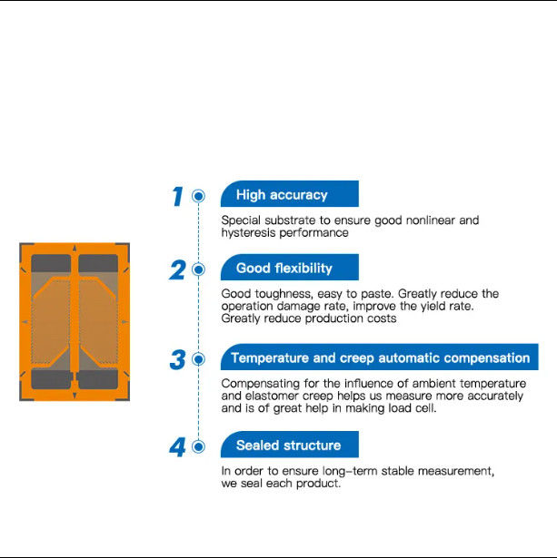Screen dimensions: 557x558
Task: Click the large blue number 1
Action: coord(178,197)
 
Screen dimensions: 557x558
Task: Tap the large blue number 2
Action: coord(177,269)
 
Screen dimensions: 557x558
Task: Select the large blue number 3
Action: coord(177,359)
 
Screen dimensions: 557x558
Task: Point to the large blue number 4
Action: coord(177,447)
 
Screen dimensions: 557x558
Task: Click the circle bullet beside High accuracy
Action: coord(198,196)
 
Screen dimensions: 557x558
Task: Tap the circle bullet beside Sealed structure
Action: coord(198,446)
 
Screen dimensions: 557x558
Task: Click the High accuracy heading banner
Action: coord(289,193)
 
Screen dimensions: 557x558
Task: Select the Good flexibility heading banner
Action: coord(289,267)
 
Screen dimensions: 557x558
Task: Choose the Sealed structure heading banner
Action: coord(289,444)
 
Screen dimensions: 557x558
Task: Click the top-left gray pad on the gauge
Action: coord(51,263)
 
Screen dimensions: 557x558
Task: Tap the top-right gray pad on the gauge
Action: coord(98,263)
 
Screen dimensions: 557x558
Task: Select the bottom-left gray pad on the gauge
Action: coord(51,379)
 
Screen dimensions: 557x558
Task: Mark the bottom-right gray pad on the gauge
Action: coord(98,379)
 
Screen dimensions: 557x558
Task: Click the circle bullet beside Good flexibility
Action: coord(198,269)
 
